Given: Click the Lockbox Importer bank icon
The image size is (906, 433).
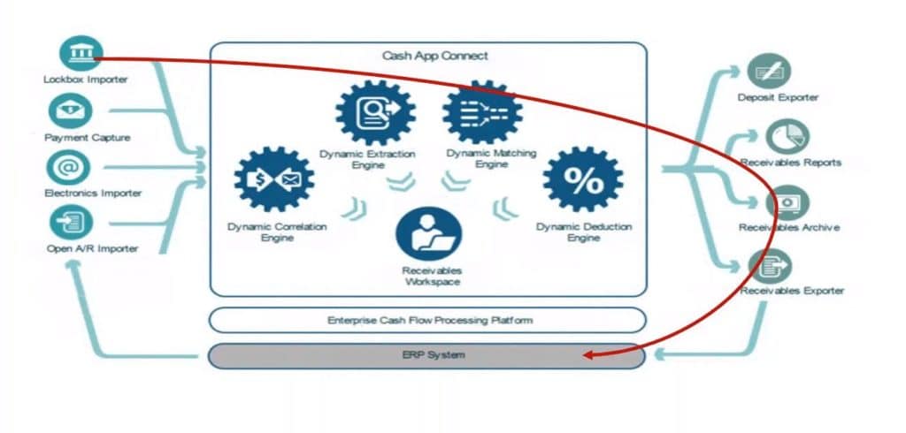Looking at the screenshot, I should (x=81, y=53).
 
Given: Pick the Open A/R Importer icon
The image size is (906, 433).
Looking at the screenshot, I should (x=71, y=221).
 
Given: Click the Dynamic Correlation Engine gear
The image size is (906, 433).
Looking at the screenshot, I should (x=275, y=180).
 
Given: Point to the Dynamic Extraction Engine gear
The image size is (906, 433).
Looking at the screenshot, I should (x=376, y=112).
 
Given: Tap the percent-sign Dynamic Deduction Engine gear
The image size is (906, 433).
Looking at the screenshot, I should (x=583, y=180).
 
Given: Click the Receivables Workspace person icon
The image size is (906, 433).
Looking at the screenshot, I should (x=429, y=232).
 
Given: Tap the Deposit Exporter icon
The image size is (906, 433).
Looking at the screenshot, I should (x=769, y=71).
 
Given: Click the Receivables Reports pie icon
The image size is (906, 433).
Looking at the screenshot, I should (x=787, y=136).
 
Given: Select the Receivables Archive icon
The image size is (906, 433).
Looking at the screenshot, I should (x=787, y=202).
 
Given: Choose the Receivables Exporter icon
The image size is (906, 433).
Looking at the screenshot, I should (x=770, y=266).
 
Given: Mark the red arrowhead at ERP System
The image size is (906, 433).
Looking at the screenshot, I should (x=587, y=356).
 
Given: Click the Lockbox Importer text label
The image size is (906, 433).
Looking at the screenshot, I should (x=85, y=80).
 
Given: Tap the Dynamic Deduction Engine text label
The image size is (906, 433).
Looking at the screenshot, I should (x=584, y=232).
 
